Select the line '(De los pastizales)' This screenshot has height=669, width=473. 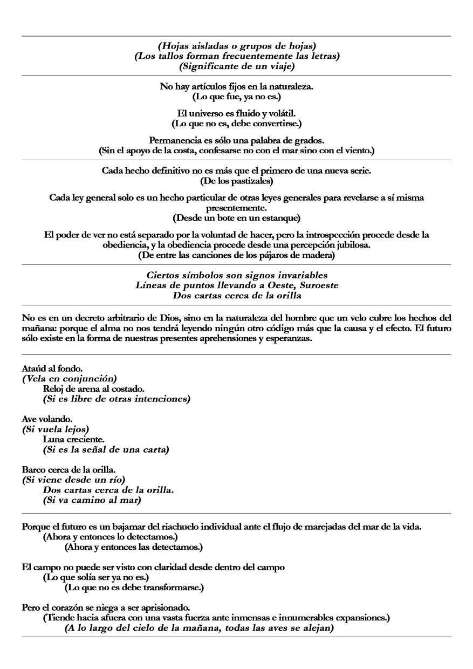[x=237, y=180]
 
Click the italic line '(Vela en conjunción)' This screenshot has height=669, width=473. [x=70, y=379]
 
